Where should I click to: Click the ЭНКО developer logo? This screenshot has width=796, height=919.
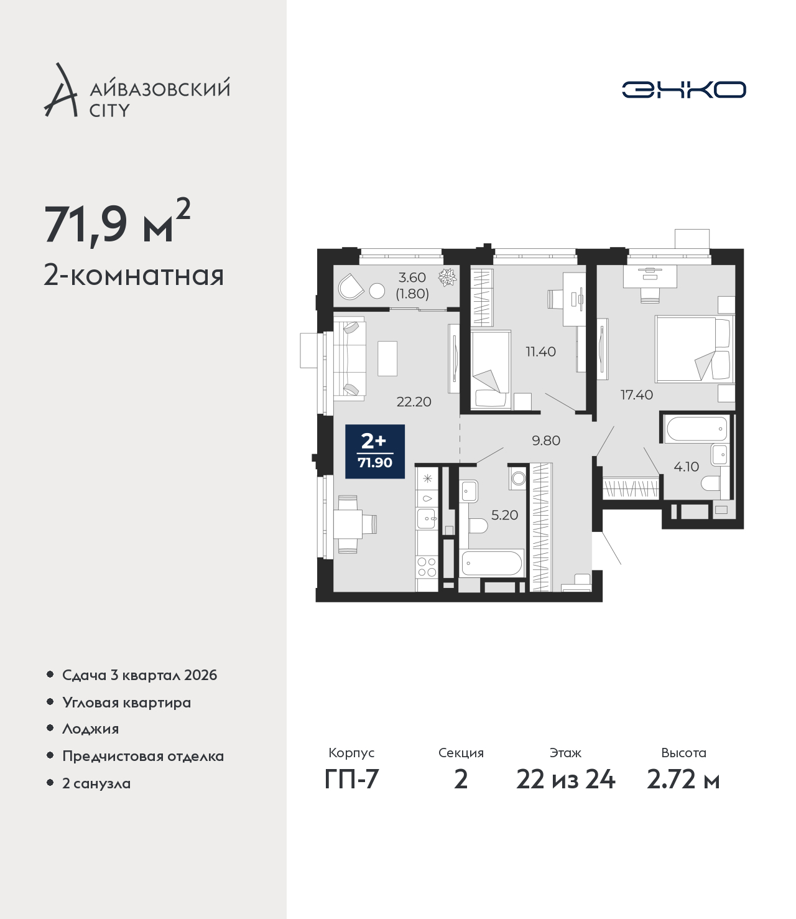(683, 90)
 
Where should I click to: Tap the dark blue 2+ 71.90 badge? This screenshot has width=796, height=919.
(375, 451)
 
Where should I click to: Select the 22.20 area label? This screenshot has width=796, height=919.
(414, 402)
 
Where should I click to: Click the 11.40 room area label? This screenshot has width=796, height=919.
(540, 352)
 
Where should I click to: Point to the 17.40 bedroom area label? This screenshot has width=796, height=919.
(637, 394)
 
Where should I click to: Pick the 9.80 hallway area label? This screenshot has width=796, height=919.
(546, 441)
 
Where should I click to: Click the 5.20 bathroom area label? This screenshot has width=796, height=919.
(504, 515)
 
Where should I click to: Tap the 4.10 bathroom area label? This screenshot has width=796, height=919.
(686, 467)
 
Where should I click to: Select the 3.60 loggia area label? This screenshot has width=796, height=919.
(412, 278)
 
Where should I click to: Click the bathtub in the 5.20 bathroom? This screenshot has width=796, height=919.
(492, 563)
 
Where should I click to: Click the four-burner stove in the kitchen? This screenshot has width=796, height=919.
(427, 567)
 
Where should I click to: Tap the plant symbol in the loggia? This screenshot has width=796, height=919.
(447, 278)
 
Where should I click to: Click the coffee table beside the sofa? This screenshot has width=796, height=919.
(387, 358)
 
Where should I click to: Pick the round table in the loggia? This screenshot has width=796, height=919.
(377, 291)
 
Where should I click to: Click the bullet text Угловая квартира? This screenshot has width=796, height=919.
(127, 703)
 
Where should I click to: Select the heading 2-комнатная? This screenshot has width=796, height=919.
(134, 276)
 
